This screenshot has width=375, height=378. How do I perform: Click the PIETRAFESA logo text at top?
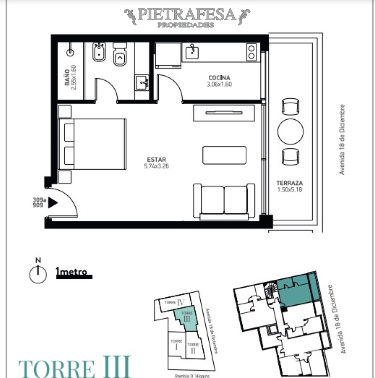click(x=187, y=16)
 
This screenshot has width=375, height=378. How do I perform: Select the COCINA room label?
click(x=219, y=78)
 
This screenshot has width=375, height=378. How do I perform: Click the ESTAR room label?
click(x=156, y=160)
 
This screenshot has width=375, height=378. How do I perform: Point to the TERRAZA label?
click(x=289, y=183)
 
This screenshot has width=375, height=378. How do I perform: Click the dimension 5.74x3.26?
click(x=156, y=166)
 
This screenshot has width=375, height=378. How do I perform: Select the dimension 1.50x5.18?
click(x=289, y=189)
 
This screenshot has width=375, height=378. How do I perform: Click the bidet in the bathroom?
click(x=100, y=52)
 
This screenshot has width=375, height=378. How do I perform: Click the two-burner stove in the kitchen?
click(x=252, y=52)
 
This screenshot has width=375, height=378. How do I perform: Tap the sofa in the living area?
click(x=224, y=201)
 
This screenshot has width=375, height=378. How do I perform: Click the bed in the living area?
click(x=92, y=144)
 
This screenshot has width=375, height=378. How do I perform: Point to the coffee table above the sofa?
click(x=224, y=155)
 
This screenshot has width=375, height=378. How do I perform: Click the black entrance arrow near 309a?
click(x=52, y=203)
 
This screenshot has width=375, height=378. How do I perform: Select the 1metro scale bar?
click(x=73, y=273)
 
